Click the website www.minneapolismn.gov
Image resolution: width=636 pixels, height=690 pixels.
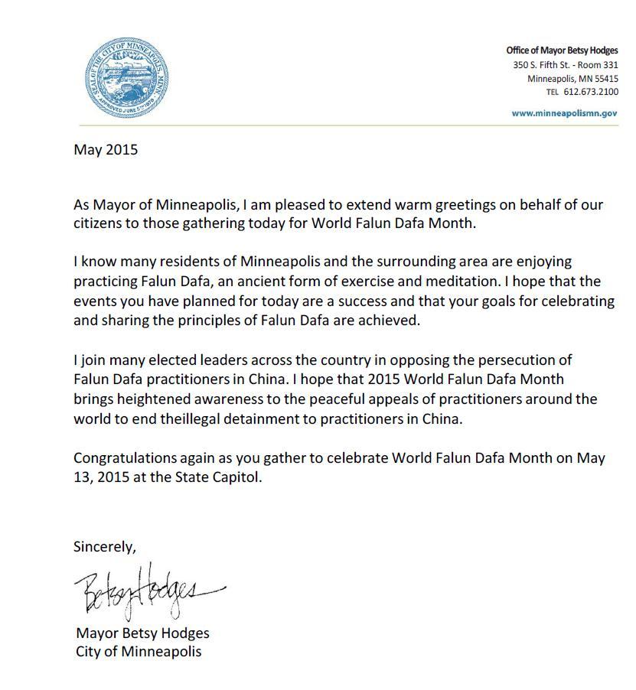click(565, 113)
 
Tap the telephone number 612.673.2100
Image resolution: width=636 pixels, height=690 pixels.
click(591, 92)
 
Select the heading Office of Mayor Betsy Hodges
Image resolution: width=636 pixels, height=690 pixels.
click(562, 50)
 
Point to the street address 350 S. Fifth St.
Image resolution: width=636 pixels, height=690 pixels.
click(544, 65)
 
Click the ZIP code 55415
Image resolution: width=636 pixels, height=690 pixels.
click(605, 79)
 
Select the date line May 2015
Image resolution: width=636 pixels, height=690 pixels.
click(106, 149)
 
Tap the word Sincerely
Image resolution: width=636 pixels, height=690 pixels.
click(105, 547)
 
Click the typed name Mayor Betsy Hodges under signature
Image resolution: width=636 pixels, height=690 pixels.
click(142, 633)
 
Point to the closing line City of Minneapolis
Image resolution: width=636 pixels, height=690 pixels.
click(139, 652)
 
